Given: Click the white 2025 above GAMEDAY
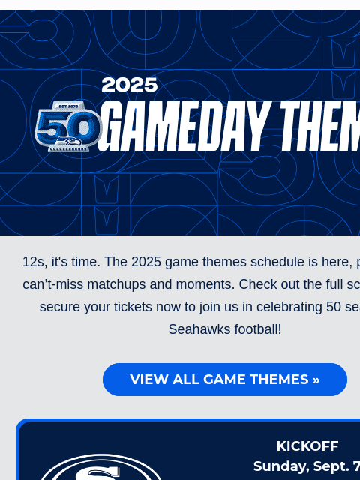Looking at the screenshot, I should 130,85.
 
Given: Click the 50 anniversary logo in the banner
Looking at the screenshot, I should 68,127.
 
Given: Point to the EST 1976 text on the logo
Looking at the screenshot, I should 68,106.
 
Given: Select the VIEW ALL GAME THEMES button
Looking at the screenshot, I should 225,379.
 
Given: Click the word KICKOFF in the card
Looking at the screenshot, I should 307,445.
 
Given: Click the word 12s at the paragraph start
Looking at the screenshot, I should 34,262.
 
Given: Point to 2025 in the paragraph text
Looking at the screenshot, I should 146,262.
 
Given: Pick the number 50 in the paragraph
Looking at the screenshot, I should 334,307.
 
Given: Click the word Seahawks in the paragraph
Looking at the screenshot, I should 196,329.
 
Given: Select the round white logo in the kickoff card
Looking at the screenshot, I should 101,469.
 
